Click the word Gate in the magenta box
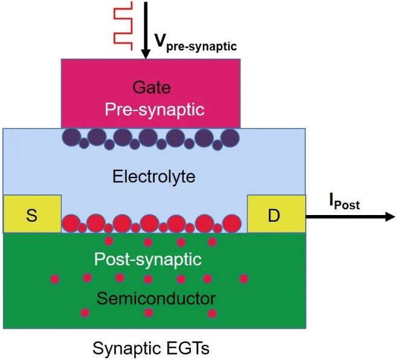[151, 88]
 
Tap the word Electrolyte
[153, 176]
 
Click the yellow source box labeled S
[32, 214]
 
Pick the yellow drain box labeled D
[274, 214]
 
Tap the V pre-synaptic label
[195, 42]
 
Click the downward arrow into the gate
[145, 30]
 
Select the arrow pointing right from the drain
[350, 216]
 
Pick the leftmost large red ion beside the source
[71, 223]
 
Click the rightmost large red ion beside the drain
[231, 223]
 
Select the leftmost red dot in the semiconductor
[54, 279]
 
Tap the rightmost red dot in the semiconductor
[244, 278]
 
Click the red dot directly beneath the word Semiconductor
[149, 313]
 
